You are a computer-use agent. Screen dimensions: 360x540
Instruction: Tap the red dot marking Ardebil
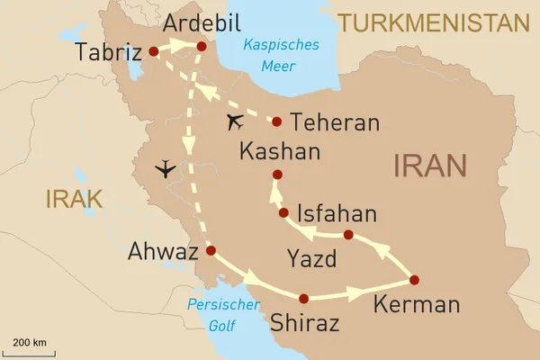coord(202,47)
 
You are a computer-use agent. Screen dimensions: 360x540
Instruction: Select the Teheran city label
coord(336,123)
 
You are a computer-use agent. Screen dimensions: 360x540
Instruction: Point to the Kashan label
coord(280,152)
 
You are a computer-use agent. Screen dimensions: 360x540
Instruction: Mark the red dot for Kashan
coord(277,175)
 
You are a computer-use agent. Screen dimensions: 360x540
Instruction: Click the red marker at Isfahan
coord(284,213)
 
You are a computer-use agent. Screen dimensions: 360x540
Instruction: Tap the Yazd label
coord(310,261)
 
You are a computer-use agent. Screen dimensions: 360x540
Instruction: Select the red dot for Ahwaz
coord(211,251)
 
